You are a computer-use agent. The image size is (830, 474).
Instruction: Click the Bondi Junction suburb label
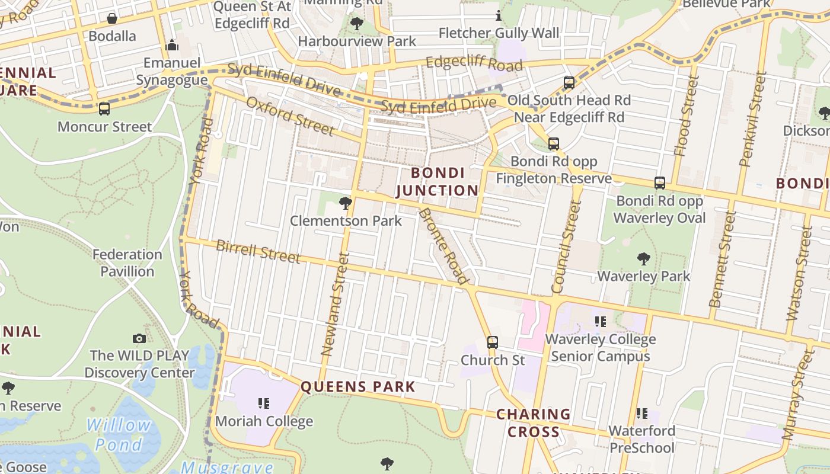pyautogui.click(x=437, y=181)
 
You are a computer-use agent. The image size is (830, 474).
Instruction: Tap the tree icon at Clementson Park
pyautogui.click(x=345, y=204)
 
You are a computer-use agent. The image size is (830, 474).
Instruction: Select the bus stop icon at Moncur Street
pyautogui.click(x=104, y=109)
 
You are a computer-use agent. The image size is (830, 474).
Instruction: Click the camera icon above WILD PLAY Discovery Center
pyautogui.click(x=139, y=338)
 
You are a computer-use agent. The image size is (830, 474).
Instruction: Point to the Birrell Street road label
pyautogui.click(x=258, y=251)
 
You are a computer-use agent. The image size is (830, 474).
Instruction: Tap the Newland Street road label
pyautogui.click(x=333, y=304)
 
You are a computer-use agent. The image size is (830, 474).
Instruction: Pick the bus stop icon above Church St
pyautogui.click(x=493, y=342)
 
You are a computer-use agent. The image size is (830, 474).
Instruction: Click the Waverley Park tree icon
pyautogui.click(x=643, y=259)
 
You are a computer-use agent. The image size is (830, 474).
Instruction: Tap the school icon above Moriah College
pyautogui.click(x=264, y=404)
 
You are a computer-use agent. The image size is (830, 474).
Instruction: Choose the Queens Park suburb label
pyautogui.click(x=357, y=387)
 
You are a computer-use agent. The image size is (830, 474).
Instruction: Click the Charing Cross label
pyautogui.click(x=533, y=422)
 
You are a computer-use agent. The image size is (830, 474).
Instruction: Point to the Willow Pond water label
pyautogui.click(x=119, y=434)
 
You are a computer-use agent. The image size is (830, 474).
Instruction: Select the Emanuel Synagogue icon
pyautogui.click(x=172, y=45)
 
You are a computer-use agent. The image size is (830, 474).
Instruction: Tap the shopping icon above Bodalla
pyautogui.click(x=111, y=18)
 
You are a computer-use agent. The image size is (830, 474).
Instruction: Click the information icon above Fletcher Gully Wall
pyautogui.click(x=499, y=15)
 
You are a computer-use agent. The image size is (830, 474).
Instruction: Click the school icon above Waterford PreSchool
pyautogui.click(x=641, y=413)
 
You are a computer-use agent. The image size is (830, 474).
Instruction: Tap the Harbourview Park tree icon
pyautogui.click(x=357, y=24)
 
